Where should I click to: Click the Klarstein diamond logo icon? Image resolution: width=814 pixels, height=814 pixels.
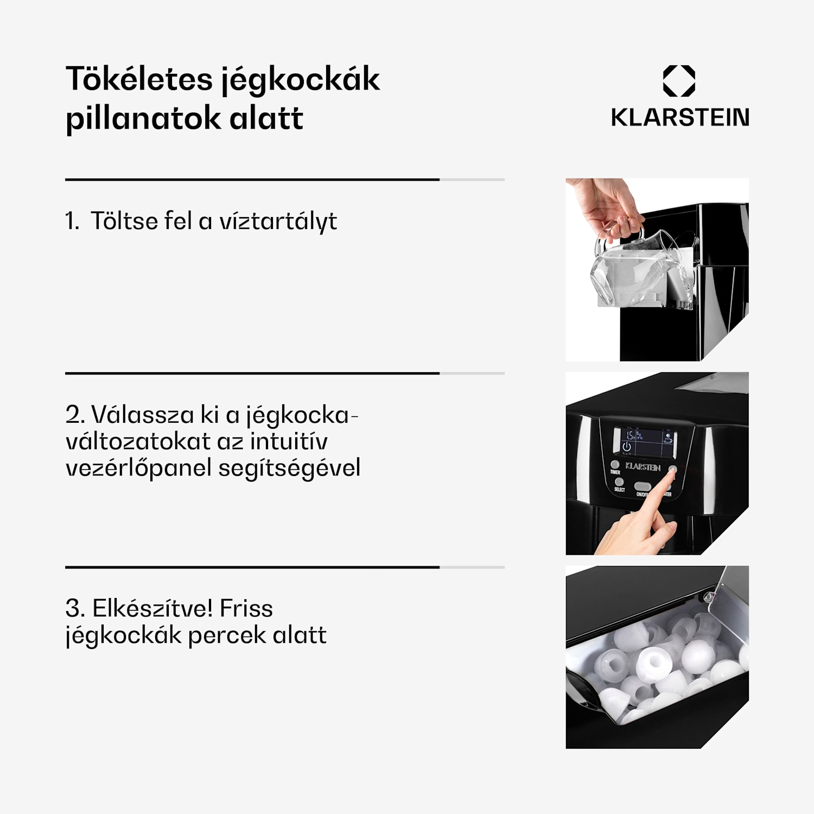tap(679, 81)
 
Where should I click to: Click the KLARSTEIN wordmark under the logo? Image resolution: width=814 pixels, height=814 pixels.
tap(679, 117)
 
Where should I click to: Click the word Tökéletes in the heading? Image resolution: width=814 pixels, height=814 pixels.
tap(139, 79)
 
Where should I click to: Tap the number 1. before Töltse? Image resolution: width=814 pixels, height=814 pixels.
tap(72, 221)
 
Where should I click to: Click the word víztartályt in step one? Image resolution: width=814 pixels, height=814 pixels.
tap(278, 221)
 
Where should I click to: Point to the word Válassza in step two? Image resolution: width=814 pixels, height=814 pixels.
tap(143, 415)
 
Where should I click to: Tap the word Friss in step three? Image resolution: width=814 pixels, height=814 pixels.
tap(246, 608)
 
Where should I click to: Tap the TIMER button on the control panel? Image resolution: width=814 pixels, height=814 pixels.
tap(615, 465)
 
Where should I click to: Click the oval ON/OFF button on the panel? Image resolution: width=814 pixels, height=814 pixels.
tap(643, 486)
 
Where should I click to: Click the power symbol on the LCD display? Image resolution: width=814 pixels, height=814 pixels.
tap(627, 447)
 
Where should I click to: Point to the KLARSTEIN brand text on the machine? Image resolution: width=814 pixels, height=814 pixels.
tap(643, 467)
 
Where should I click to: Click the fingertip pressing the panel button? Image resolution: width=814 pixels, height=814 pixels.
tap(672, 473)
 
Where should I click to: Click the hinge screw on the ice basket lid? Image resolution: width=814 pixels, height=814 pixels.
tap(708, 597)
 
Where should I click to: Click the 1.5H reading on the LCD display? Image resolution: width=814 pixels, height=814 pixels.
tap(629, 435)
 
